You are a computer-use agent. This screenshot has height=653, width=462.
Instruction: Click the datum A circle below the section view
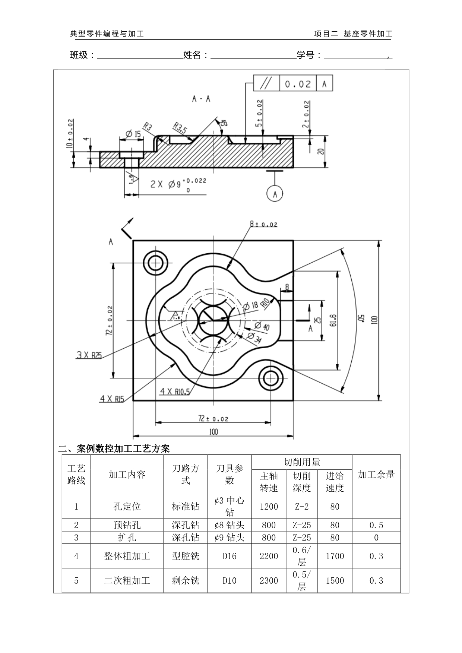tap(275, 194)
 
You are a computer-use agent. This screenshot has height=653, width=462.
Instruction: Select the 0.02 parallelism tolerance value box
tap(297, 84)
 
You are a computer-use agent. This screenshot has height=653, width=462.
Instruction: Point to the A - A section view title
tap(201, 99)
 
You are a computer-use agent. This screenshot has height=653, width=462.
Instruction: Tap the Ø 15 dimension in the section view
tap(133, 134)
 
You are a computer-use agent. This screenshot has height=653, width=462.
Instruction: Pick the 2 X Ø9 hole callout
tap(178, 184)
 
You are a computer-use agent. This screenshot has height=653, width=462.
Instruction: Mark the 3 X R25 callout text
tap(89, 355)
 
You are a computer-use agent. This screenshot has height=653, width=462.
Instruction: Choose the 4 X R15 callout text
tap(112, 399)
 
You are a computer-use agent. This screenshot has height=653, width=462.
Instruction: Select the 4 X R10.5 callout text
tap(175, 391)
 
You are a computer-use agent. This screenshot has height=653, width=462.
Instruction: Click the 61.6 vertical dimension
tap(333, 320)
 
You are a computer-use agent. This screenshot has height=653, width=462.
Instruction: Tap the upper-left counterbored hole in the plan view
tap(155, 263)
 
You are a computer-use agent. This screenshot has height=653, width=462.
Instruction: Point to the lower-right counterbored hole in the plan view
tap(270, 378)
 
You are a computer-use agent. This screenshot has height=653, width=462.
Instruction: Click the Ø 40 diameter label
tap(262, 326)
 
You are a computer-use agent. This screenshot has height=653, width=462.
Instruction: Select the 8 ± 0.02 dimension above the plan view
tap(263, 224)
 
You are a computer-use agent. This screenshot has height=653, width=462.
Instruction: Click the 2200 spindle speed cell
tap(269, 556)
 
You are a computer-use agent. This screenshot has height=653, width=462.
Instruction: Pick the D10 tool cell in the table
tap(230, 580)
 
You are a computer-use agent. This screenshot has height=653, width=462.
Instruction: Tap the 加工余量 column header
tap(376, 474)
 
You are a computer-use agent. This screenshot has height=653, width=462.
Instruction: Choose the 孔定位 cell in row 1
tap(127, 507)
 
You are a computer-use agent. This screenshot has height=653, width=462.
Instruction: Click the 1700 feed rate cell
tap(335, 556)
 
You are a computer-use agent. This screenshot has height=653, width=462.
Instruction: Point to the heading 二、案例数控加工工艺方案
tap(114, 448)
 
